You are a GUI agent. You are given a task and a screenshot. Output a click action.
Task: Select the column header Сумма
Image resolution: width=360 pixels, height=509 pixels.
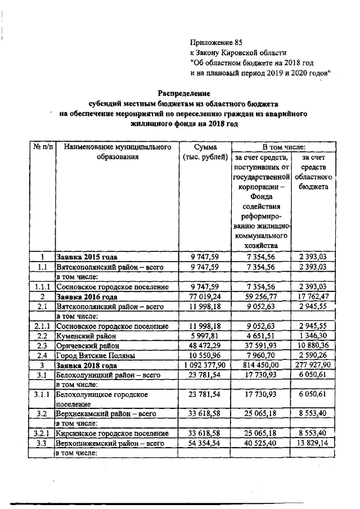click(x=205, y=147)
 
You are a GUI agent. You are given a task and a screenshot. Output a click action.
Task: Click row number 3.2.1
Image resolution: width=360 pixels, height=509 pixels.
click(x=42, y=434)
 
